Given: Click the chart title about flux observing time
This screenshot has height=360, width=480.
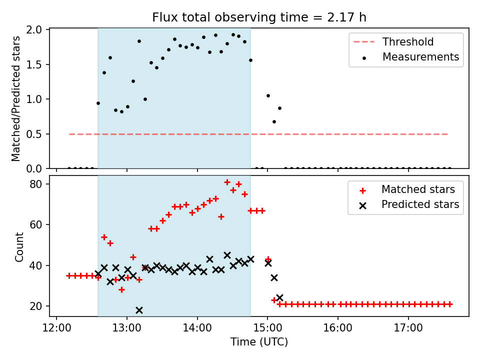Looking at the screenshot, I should click(259, 17).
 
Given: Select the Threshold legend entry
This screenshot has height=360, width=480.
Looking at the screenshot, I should click(408, 42).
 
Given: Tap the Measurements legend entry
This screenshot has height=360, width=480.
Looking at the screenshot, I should click(420, 57).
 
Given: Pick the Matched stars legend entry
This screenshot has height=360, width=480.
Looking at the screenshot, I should click(418, 189).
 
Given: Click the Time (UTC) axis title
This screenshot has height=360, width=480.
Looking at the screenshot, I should click(259, 342).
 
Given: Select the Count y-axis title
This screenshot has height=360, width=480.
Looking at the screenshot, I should click(19, 246).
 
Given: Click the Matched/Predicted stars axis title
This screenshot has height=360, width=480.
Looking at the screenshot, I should click(16, 98).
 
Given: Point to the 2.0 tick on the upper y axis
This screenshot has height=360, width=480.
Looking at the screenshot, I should click(38, 29).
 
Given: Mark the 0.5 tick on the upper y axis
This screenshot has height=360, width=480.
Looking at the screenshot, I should click(38, 134).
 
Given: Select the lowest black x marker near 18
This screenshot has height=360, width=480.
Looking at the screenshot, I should click(139, 310).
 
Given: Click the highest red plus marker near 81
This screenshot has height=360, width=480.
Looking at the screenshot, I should click(227, 182).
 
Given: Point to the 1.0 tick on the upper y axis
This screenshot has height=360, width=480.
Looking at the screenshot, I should click(38, 99).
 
